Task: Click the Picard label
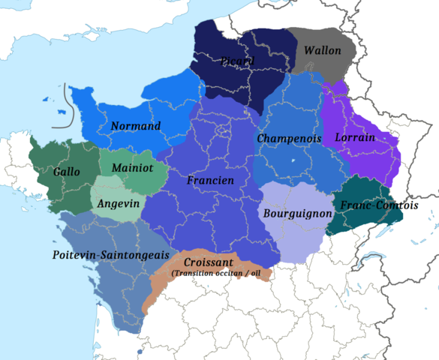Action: point(238,61)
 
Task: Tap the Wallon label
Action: point(322,51)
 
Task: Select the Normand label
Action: point(136,126)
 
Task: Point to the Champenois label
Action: point(289,139)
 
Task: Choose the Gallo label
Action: point(67,172)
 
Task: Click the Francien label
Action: point(210,181)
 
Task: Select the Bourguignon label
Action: point(297,214)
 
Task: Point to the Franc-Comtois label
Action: point(379,205)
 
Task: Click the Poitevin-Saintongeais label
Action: point(110,255)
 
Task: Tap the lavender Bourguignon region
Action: point(296,240)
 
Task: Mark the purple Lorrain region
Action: point(375,161)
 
